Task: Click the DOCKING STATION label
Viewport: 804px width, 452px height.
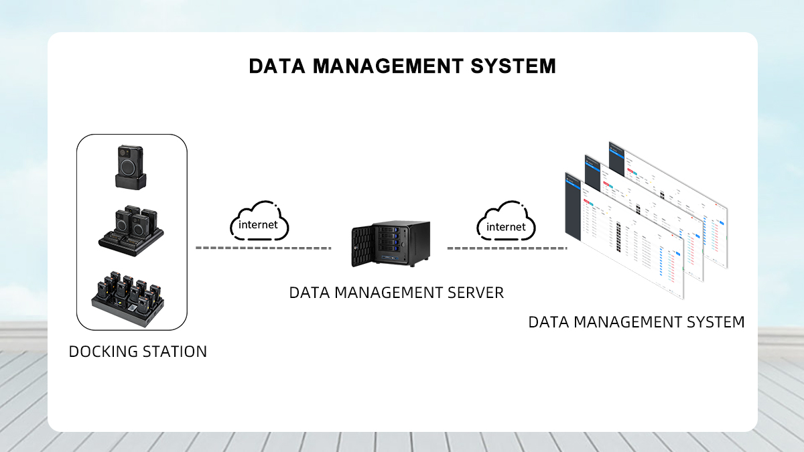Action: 137,351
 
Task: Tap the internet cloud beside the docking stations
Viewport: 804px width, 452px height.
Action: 259,221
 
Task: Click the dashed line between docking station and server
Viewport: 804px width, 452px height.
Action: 263,248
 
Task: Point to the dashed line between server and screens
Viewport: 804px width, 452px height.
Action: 507,248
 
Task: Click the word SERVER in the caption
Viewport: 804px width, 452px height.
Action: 476,293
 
